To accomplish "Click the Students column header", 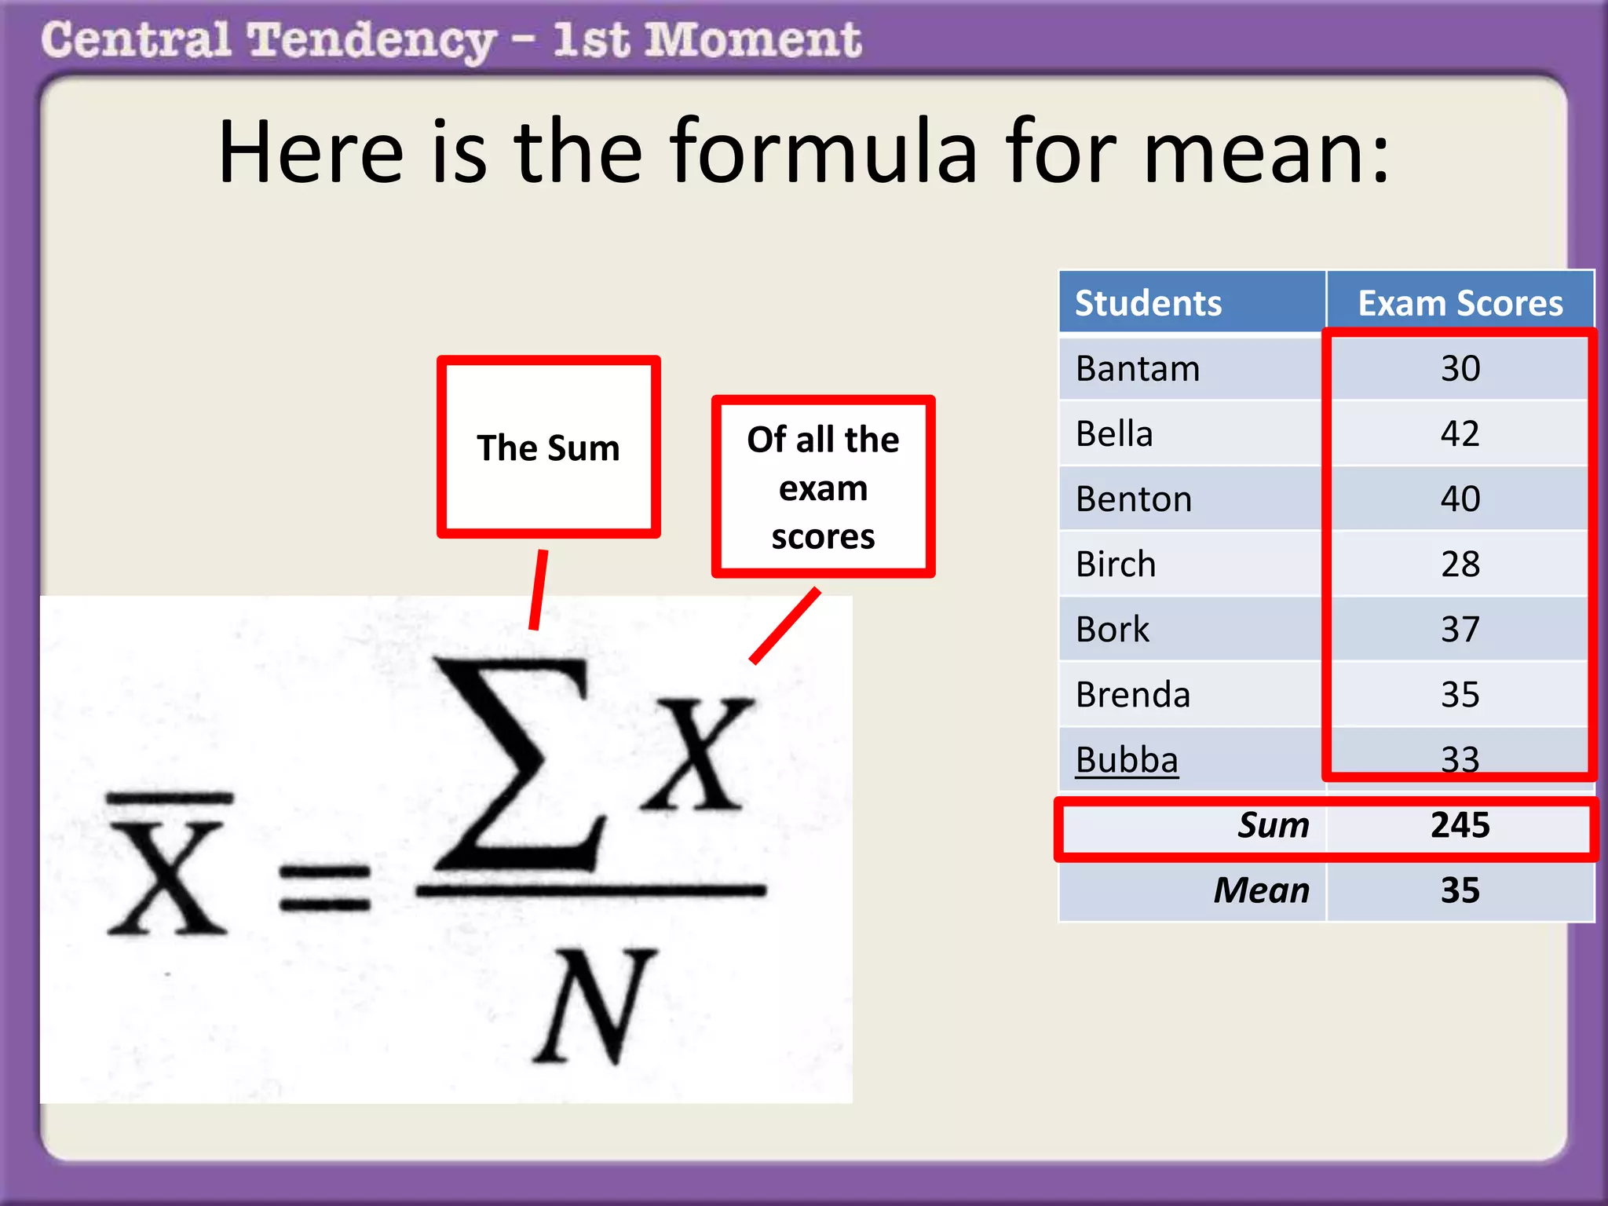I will [1148, 303].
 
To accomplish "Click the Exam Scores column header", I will [1460, 303].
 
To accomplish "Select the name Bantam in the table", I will [1138, 368].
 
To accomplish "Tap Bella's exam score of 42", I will [1460, 433].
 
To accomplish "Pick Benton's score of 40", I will [1460, 499].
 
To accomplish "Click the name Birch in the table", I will [1116, 564].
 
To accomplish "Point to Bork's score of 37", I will [1460, 629].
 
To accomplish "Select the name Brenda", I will [1133, 694].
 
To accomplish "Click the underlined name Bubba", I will [1127, 759].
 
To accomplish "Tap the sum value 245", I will [1460, 825].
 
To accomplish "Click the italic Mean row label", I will [1261, 890].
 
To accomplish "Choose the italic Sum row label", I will [1273, 825].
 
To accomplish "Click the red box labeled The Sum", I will [548, 448].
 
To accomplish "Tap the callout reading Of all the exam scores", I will [823, 487].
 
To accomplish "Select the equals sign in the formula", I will [324, 887].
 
